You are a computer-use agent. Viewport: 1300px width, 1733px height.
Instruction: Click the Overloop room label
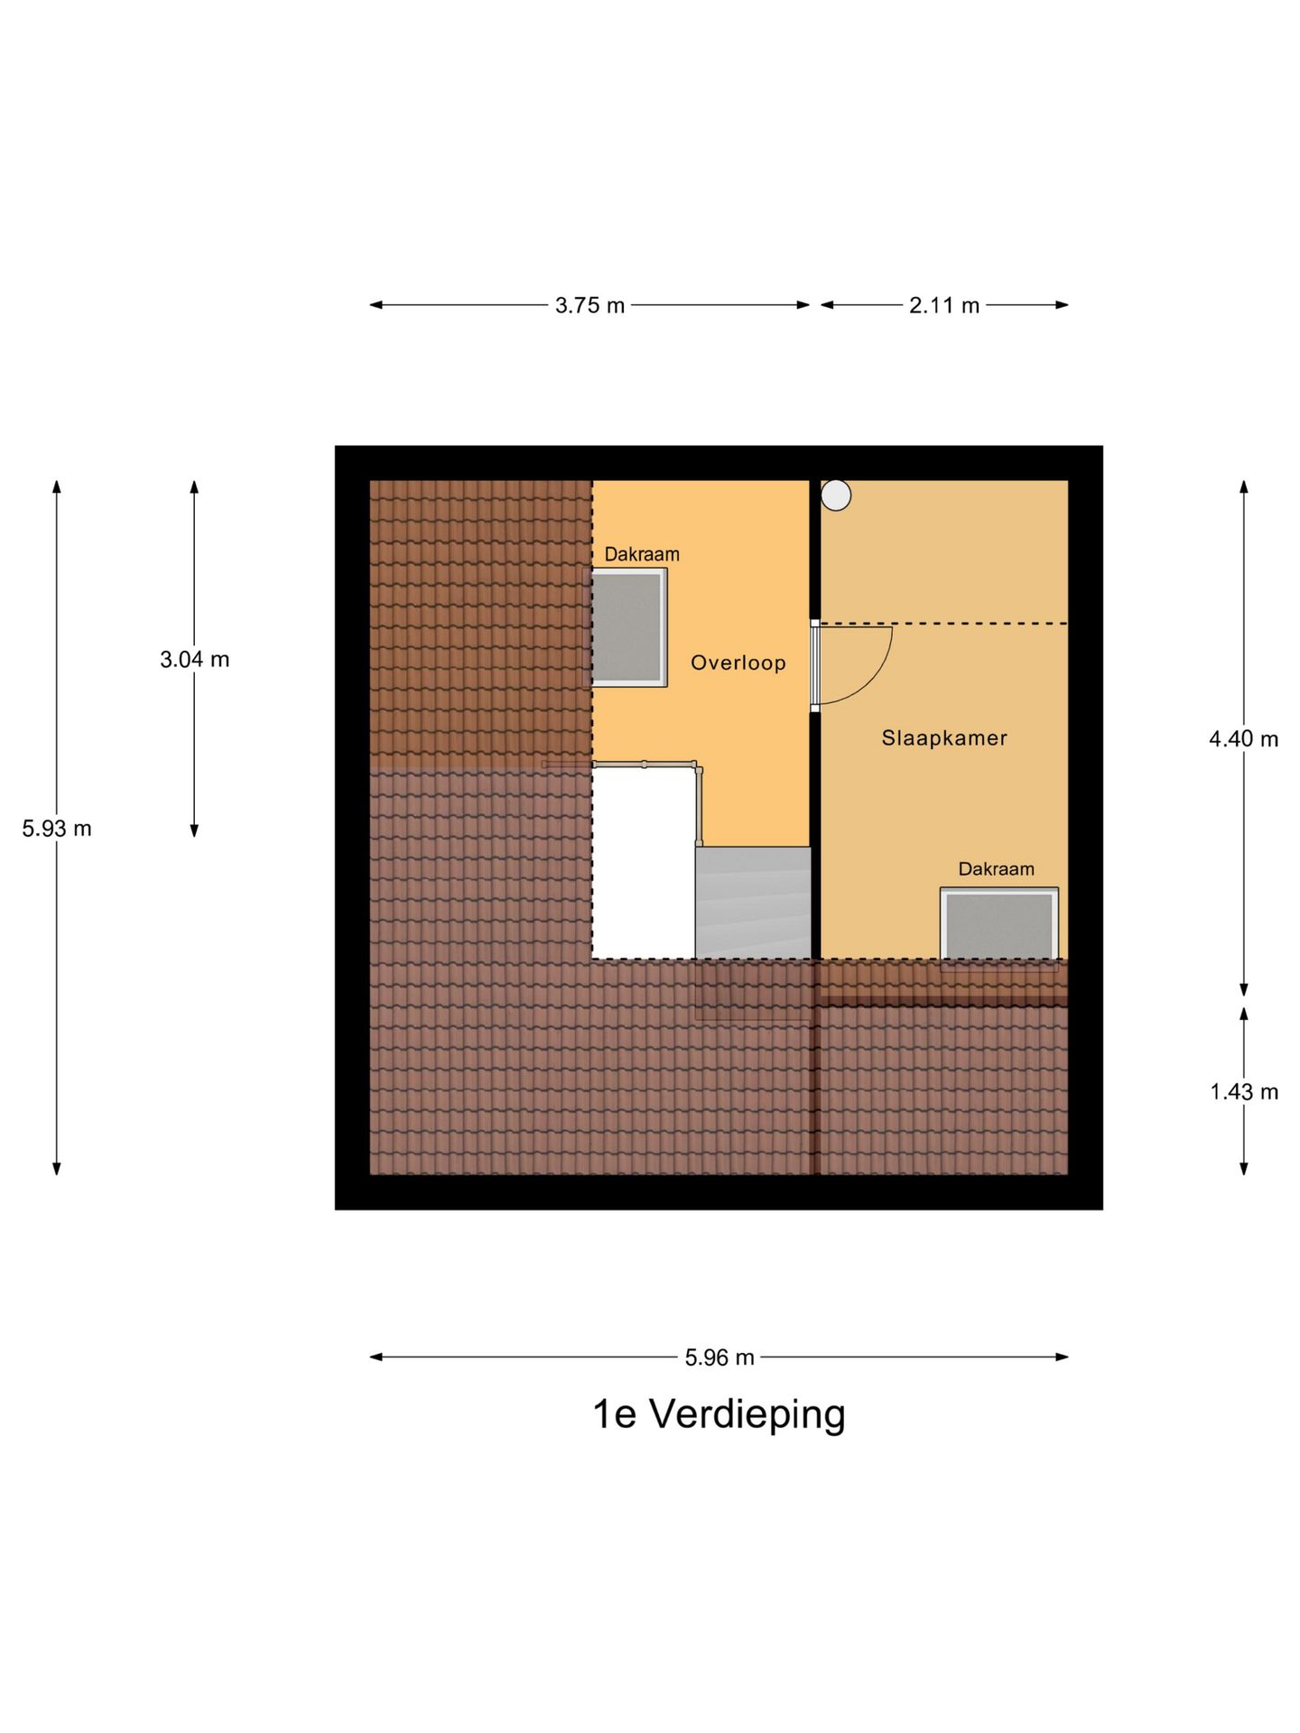pyautogui.click(x=738, y=663)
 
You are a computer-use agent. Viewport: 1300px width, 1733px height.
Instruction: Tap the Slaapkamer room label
pyautogui.click(x=944, y=738)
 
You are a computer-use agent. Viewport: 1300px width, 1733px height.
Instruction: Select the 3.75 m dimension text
pyautogui.click(x=590, y=306)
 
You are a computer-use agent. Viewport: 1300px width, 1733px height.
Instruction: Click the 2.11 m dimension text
pyautogui.click(x=944, y=306)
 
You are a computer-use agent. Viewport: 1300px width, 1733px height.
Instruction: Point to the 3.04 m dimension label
pyautogui.click(x=195, y=660)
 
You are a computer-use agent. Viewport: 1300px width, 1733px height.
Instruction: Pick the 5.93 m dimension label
pyautogui.click(x=57, y=829)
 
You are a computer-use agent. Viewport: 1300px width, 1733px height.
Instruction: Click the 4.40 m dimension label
pyautogui.click(x=1244, y=739)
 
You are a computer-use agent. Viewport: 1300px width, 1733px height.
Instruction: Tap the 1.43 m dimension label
pyautogui.click(x=1244, y=1092)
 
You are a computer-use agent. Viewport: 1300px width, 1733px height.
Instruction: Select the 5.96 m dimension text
pyautogui.click(x=720, y=1358)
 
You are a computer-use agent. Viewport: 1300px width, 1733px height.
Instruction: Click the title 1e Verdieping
pyautogui.click(x=720, y=1414)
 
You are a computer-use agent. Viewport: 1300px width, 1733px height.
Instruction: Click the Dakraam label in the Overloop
pyautogui.click(x=642, y=554)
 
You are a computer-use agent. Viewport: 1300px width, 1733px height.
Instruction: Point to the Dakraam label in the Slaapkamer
pyautogui.click(x=997, y=869)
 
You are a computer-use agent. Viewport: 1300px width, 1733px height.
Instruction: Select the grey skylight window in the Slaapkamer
pyautogui.click(x=999, y=924)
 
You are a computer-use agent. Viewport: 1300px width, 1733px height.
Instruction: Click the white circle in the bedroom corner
pyautogui.click(x=836, y=496)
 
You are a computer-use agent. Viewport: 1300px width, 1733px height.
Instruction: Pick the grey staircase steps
pyautogui.click(x=753, y=903)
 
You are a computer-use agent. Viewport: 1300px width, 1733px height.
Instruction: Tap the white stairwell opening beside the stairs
pyautogui.click(x=644, y=863)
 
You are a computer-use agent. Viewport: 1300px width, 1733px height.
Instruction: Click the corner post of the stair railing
pyautogui.click(x=699, y=769)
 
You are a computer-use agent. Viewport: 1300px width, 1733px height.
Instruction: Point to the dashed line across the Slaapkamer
pyautogui.click(x=944, y=624)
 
